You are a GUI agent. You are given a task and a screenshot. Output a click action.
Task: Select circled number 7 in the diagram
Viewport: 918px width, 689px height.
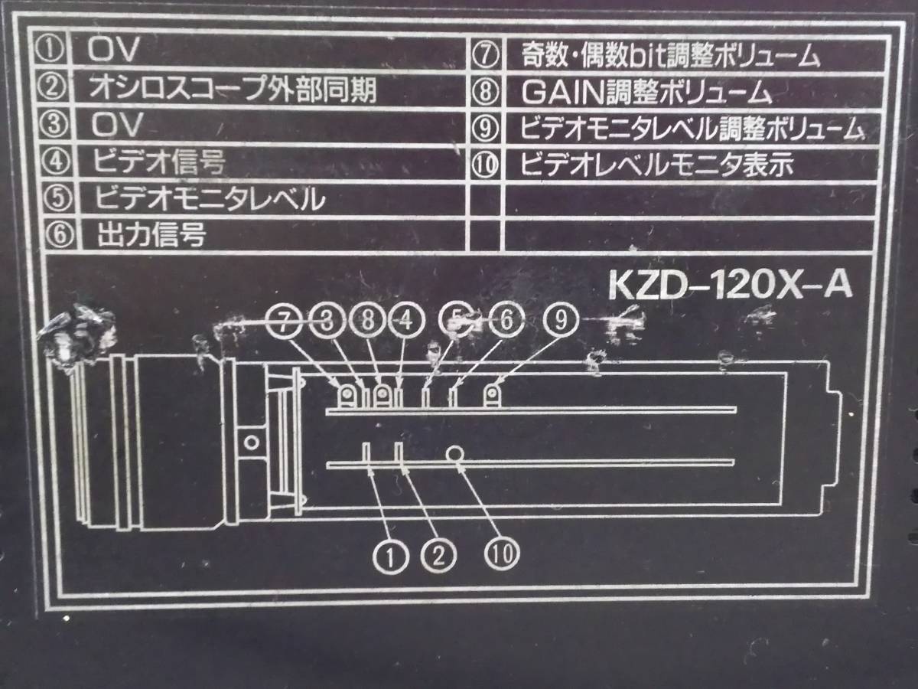(x=285, y=322)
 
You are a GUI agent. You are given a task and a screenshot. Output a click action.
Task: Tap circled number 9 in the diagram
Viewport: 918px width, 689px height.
(x=561, y=322)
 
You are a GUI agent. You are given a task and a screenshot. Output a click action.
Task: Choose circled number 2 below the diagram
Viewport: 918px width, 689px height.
(x=438, y=553)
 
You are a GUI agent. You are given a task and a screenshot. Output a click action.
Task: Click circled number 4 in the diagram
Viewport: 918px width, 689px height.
(x=405, y=322)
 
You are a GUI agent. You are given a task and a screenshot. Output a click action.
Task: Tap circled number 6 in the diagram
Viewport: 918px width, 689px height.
(x=503, y=322)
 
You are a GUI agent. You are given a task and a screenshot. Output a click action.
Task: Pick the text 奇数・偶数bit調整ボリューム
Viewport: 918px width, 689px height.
(x=671, y=57)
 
